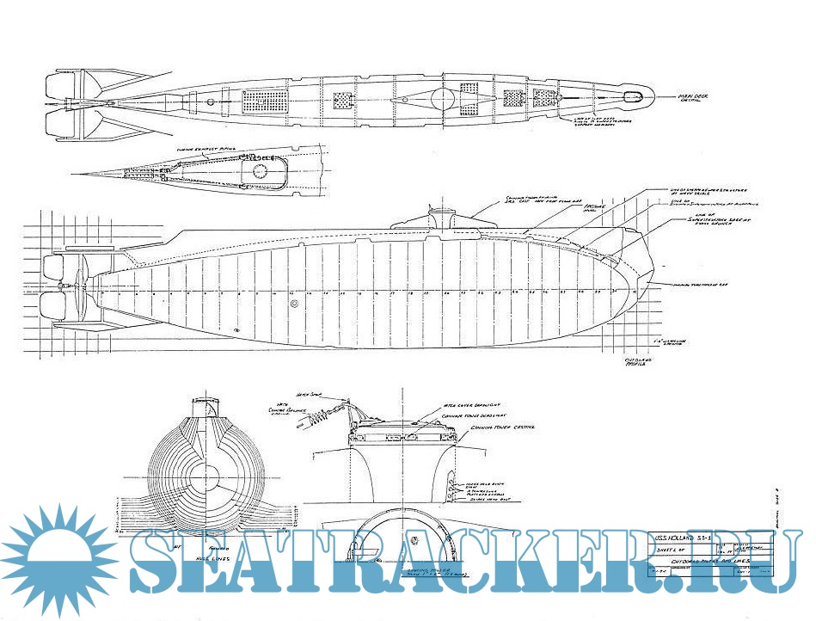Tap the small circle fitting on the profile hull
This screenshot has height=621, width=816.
click(295, 304)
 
